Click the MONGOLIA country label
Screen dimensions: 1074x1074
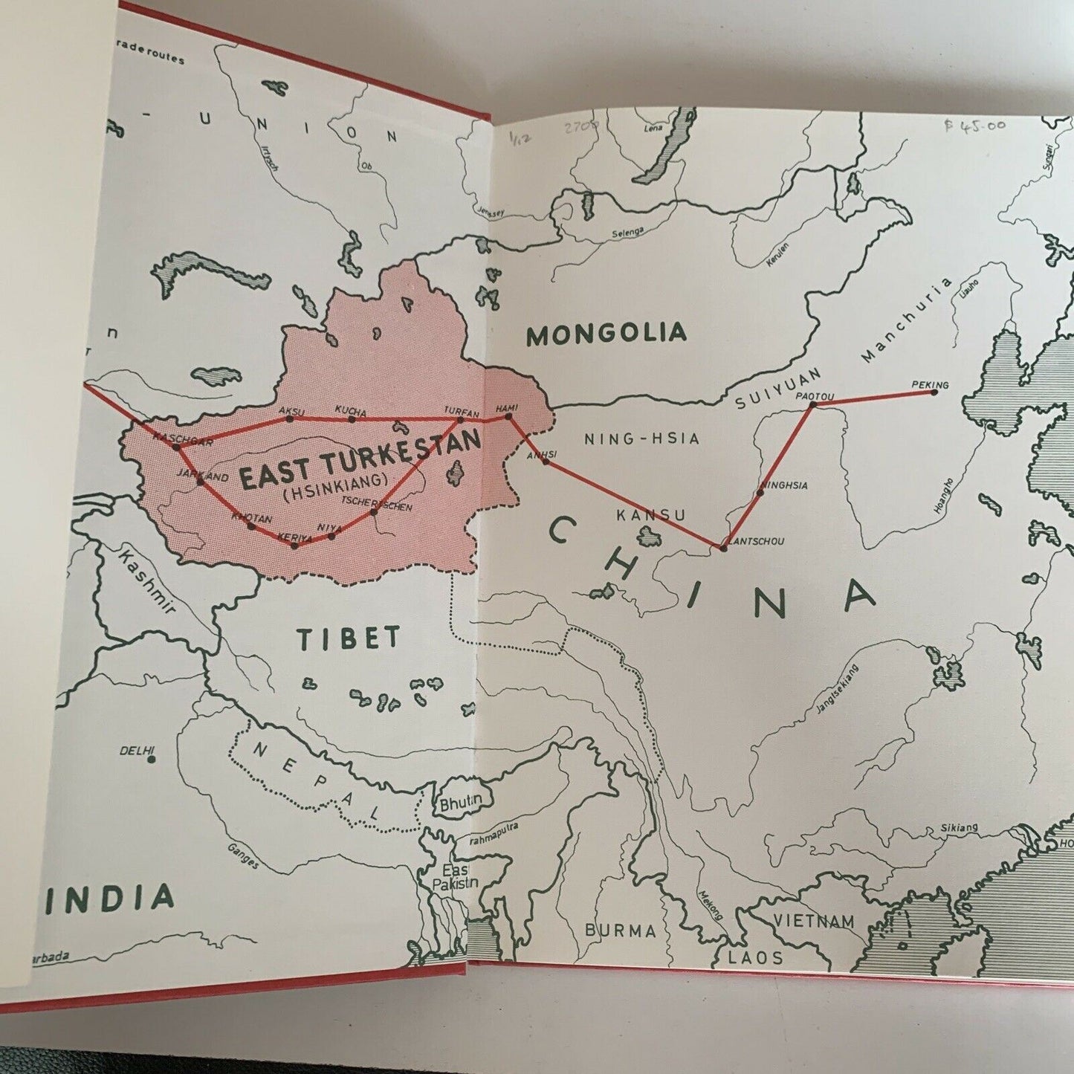point(606,334)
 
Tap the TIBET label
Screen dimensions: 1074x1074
point(349,638)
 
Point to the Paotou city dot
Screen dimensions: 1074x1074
point(812,405)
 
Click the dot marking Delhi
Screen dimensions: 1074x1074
point(151,759)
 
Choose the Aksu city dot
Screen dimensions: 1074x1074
point(290,418)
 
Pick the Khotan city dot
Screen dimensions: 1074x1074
point(251,526)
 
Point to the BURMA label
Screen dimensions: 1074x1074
point(620,930)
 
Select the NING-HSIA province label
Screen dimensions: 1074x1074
point(641,439)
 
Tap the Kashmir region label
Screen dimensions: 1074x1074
point(146,581)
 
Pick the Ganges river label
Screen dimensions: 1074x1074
point(244,855)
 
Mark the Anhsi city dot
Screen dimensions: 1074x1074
point(546,462)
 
